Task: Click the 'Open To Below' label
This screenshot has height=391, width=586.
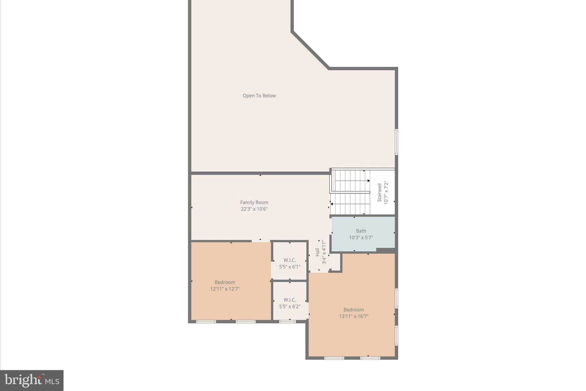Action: pos(259,96)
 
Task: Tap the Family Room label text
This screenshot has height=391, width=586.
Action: pos(254,203)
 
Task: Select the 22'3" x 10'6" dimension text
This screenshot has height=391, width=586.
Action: pos(254,209)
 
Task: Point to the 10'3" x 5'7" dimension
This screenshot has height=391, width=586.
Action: pos(361,237)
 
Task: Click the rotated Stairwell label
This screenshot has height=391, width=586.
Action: pos(379,192)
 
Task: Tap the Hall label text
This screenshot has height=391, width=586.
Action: pos(317,252)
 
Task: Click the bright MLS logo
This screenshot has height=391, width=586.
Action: pos(32,380)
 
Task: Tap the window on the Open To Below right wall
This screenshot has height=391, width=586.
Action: pos(396,142)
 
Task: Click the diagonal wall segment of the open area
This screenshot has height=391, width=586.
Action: pos(310,50)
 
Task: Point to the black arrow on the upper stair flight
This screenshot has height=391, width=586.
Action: pos(369,181)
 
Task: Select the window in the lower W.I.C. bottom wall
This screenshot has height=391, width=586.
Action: pos(287,321)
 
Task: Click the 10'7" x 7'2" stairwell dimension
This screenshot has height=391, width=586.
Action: pos(386,192)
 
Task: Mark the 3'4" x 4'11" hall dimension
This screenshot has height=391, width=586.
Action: pos(324,252)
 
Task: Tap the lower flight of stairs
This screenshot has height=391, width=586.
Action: pos(350,204)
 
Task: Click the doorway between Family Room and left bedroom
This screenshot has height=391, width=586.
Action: pos(260,241)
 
